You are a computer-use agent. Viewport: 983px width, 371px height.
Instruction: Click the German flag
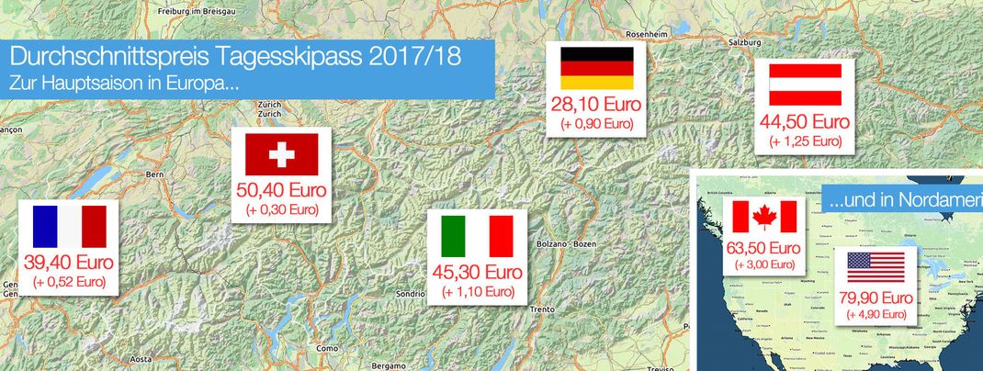point(597,68)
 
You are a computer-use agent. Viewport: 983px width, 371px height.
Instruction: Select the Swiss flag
point(281,154)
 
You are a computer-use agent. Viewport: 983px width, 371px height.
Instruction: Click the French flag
point(69,227)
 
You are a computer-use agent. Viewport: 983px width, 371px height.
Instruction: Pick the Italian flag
point(477,236)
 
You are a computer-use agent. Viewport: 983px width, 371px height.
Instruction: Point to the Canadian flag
point(764,218)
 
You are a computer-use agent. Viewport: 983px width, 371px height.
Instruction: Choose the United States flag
point(876,266)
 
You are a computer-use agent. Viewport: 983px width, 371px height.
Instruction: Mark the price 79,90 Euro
point(876,298)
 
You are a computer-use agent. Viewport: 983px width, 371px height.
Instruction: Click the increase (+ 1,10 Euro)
point(477,292)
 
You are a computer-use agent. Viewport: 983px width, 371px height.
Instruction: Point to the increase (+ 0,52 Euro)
point(69,282)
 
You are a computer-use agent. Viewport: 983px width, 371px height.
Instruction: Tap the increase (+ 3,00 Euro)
point(764,264)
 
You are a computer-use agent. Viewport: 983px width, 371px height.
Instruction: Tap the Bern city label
point(154,172)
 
